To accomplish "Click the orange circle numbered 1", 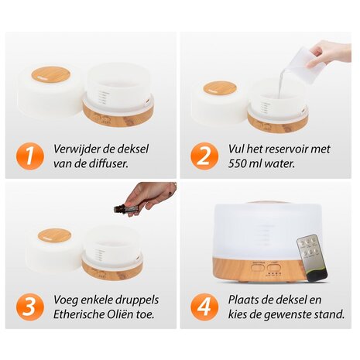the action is [x=30, y=156].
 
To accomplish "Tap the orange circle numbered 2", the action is [x=204, y=156].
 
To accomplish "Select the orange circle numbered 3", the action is [x=30, y=307].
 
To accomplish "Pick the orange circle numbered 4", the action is [x=204, y=307].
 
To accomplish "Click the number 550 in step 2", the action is [x=237, y=164].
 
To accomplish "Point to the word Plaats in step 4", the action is [x=242, y=300].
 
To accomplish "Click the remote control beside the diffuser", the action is [x=312, y=258].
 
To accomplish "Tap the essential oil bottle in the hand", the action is [x=125, y=207].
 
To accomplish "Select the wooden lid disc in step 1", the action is [x=51, y=74].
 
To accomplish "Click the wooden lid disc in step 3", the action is [x=54, y=235].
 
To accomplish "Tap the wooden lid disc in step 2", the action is [x=220, y=88].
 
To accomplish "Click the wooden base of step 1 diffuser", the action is [x=118, y=115].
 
